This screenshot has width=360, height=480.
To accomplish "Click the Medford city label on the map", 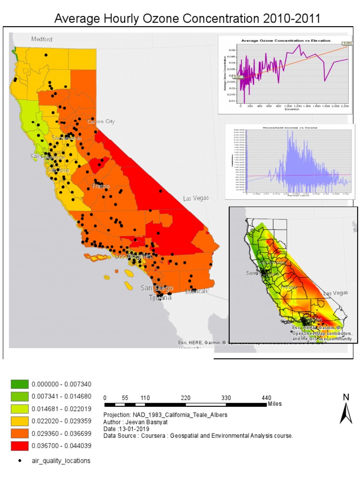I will pyautogui.click(x=42, y=39).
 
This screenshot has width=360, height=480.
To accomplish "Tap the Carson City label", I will pyautogui.click(x=100, y=121).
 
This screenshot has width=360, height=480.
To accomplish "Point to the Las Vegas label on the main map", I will pyautogui.click(x=195, y=198).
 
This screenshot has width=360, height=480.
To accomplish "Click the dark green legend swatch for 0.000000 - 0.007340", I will pyautogui.click(x=20, y=384).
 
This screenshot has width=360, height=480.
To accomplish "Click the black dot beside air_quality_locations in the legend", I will pyautogui.click(x=20, y=461).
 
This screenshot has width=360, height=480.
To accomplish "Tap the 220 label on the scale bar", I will pyautogui.click(x=186, y=398).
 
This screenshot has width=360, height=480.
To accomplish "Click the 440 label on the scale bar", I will pyautogui.click(x=266, y=398).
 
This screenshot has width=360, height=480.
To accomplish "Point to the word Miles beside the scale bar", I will pyautogui.click(x=275, y=404).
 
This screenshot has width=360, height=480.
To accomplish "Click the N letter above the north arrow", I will pyautogui.click(x=346, y=397).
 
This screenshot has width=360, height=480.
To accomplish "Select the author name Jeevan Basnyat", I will pyautogui.click(x=145, y=421).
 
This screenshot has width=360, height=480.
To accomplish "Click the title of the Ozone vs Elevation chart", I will pyautogui.click(x=285, y=41).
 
